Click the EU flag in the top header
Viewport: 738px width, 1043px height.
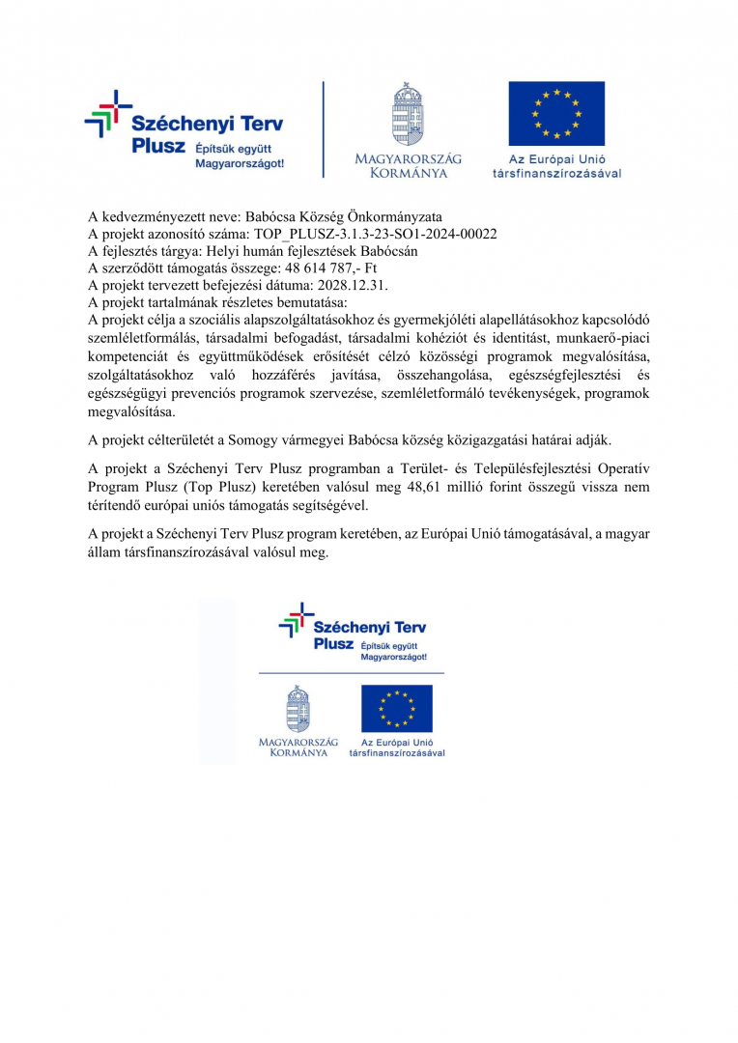tap(556, 113)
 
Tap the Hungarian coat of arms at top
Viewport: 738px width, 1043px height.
tap(408, 115)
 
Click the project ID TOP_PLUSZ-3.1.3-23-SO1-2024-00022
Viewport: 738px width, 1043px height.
tap(376, 234)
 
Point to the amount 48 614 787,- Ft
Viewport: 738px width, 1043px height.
tap(330, 266)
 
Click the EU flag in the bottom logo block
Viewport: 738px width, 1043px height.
tap(397, 709)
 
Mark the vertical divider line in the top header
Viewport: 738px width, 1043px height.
tap(324, 129)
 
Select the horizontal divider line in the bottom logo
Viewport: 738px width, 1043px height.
tap(353, 672)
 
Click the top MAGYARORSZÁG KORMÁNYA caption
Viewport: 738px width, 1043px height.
tap(408, 165)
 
